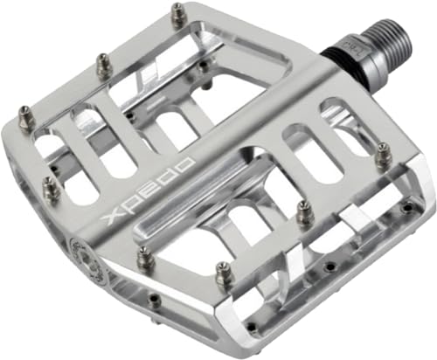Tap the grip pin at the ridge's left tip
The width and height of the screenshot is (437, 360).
[144, 258]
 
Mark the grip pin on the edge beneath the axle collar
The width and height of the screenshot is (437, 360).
[383, 158]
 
